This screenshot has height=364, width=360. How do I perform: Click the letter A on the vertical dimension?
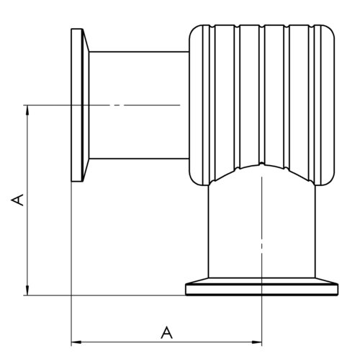[x=17, y=200]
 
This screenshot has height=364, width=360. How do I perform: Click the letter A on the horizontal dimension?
[x=167, y=332]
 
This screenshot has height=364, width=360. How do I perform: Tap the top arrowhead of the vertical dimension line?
[x=27, y=111]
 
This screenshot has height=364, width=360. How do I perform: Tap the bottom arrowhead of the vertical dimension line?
[x=27, y=290]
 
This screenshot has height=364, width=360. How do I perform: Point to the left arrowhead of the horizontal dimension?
[x=77, y=342]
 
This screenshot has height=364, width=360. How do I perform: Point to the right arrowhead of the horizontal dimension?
[x=256, y=342]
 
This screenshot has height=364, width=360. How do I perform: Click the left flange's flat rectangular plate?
[x=77, y=105]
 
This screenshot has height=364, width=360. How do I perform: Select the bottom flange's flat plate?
[x=262, y=290]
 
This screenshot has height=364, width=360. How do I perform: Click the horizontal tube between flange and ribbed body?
[x=139, y=105]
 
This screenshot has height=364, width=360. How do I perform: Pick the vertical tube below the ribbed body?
[x=262, y=231]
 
